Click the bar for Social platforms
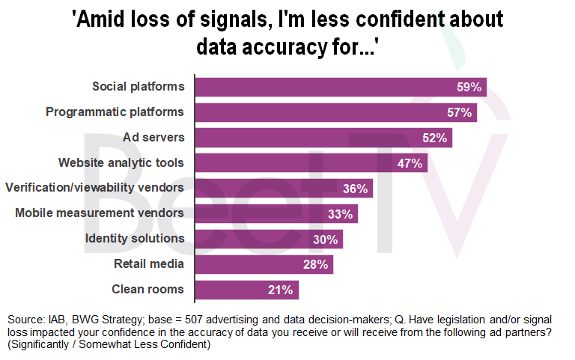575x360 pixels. click(341, 87)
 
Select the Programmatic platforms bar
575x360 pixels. click(335, 112)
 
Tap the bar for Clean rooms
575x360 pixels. click(247, 290)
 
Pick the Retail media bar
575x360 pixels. click(264, 264)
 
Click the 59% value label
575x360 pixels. click(469, 87)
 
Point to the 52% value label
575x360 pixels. click(434, 138)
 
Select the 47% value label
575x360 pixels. click(410, 163)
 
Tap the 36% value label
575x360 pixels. click(356, 189)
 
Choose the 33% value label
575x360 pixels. click(340, 214)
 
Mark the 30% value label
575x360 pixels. click(325, 240)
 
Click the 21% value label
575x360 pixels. click(282, 290)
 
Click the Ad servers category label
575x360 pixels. click(153, 137)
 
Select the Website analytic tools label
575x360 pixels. click(121, 162)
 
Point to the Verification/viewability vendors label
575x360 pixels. click(95, 188)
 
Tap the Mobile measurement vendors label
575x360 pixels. click(100, 213)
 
